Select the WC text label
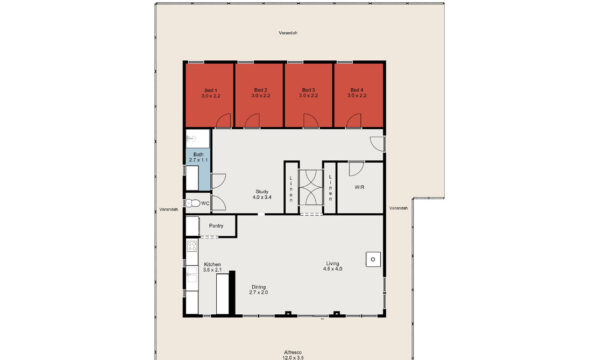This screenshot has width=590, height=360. (x=205, y=203)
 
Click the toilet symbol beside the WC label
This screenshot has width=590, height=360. (x=192, y=203)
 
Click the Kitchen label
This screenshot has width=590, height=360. (x=212, y=266)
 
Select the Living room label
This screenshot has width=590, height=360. (x=332, y=265)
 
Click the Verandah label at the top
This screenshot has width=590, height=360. (x=288, y=33)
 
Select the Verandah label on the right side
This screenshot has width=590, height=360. (x=398, y=208)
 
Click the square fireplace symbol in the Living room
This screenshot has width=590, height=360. (x=371, y=259)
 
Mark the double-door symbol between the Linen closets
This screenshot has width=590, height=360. (x=311, y=187)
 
